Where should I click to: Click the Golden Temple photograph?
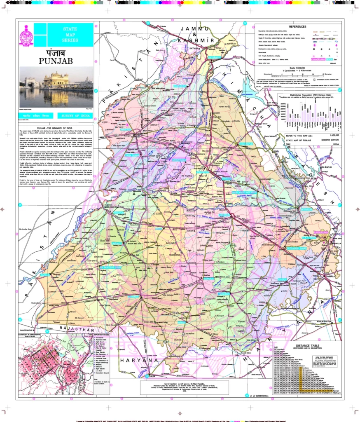(56, 87)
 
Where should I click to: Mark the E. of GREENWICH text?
(258, 396)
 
